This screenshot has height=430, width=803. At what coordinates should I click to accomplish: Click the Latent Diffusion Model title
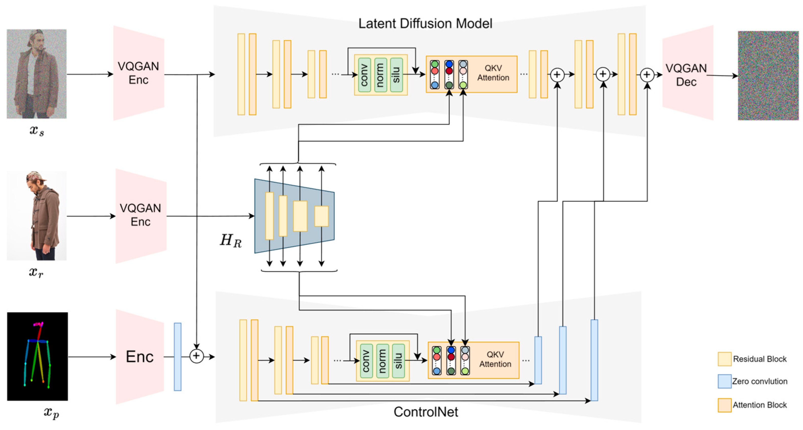coord(425,23)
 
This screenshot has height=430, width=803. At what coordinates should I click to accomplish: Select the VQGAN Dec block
coord(686,75)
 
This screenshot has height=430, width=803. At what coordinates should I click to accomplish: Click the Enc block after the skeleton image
coord(140,356)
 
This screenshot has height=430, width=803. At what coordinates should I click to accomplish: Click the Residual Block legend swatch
coord(724,359)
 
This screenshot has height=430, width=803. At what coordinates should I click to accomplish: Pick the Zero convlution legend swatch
coord(724,381)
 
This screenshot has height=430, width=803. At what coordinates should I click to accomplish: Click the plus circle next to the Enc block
coord(196,356)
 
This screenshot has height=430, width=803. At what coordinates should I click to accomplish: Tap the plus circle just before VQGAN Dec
coord(647,75)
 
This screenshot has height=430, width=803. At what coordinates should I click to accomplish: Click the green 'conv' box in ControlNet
coord(366,361)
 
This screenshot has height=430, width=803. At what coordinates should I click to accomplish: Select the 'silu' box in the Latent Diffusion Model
coord(396,75)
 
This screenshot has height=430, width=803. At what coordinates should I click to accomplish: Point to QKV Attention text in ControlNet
coord(495,359)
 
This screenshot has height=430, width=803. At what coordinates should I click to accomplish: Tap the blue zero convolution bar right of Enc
coord(177,356)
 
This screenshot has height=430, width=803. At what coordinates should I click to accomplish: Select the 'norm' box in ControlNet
coord(382,361)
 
